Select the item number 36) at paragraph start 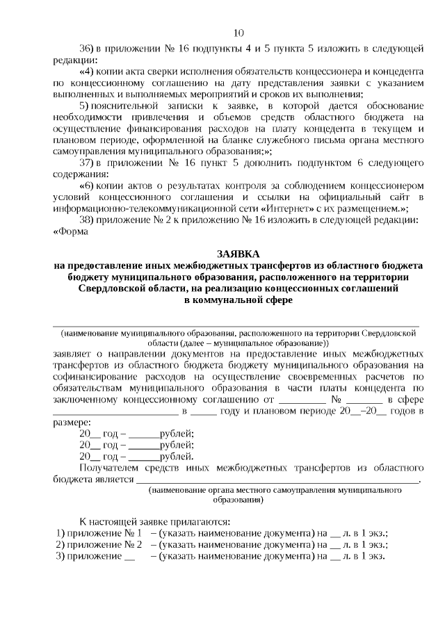87,49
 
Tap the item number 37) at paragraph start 87,163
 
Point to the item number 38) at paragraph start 87,220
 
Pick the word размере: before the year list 72,423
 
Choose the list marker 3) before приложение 59,555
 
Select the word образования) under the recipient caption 238,500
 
